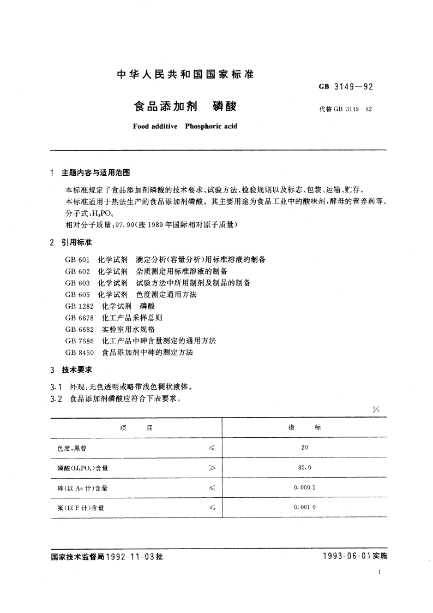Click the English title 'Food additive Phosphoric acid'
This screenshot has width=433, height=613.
(x=185, y=126)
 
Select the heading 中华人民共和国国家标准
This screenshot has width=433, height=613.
(x=185, y=75)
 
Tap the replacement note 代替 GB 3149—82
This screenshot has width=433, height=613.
(x=346, y=109)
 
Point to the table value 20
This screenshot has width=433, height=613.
(x=304, y=448)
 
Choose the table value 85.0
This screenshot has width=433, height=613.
(x=304, y=468)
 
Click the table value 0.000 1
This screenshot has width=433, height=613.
(x=304, y=488)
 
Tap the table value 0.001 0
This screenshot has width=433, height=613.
(x=304, y=508)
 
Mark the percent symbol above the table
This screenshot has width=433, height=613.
(x=376, y=410)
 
